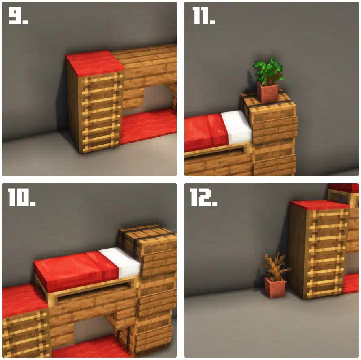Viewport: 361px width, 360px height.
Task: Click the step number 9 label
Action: pyautogui.click(x=18, y=15)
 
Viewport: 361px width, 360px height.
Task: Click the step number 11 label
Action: pyautogui.click(x=204, y=15)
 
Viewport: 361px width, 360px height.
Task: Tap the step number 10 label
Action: pyautogui.click(x=22, y=197)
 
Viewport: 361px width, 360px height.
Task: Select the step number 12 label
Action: pyautogui.click(x=204, y=197)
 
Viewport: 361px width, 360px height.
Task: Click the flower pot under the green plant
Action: pyautogui.click(x=267, y=93)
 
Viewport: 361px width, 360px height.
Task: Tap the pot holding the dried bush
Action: pyautogui.click(x=275, y=287)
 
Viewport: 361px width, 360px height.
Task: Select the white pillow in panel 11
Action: pyautogui.click(x=237, y=126)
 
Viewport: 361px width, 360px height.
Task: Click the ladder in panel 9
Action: pyautogui.click(x=101, y=113)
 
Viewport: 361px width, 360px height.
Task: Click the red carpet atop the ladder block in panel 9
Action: pyautogui.click(x=95, y=63)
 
